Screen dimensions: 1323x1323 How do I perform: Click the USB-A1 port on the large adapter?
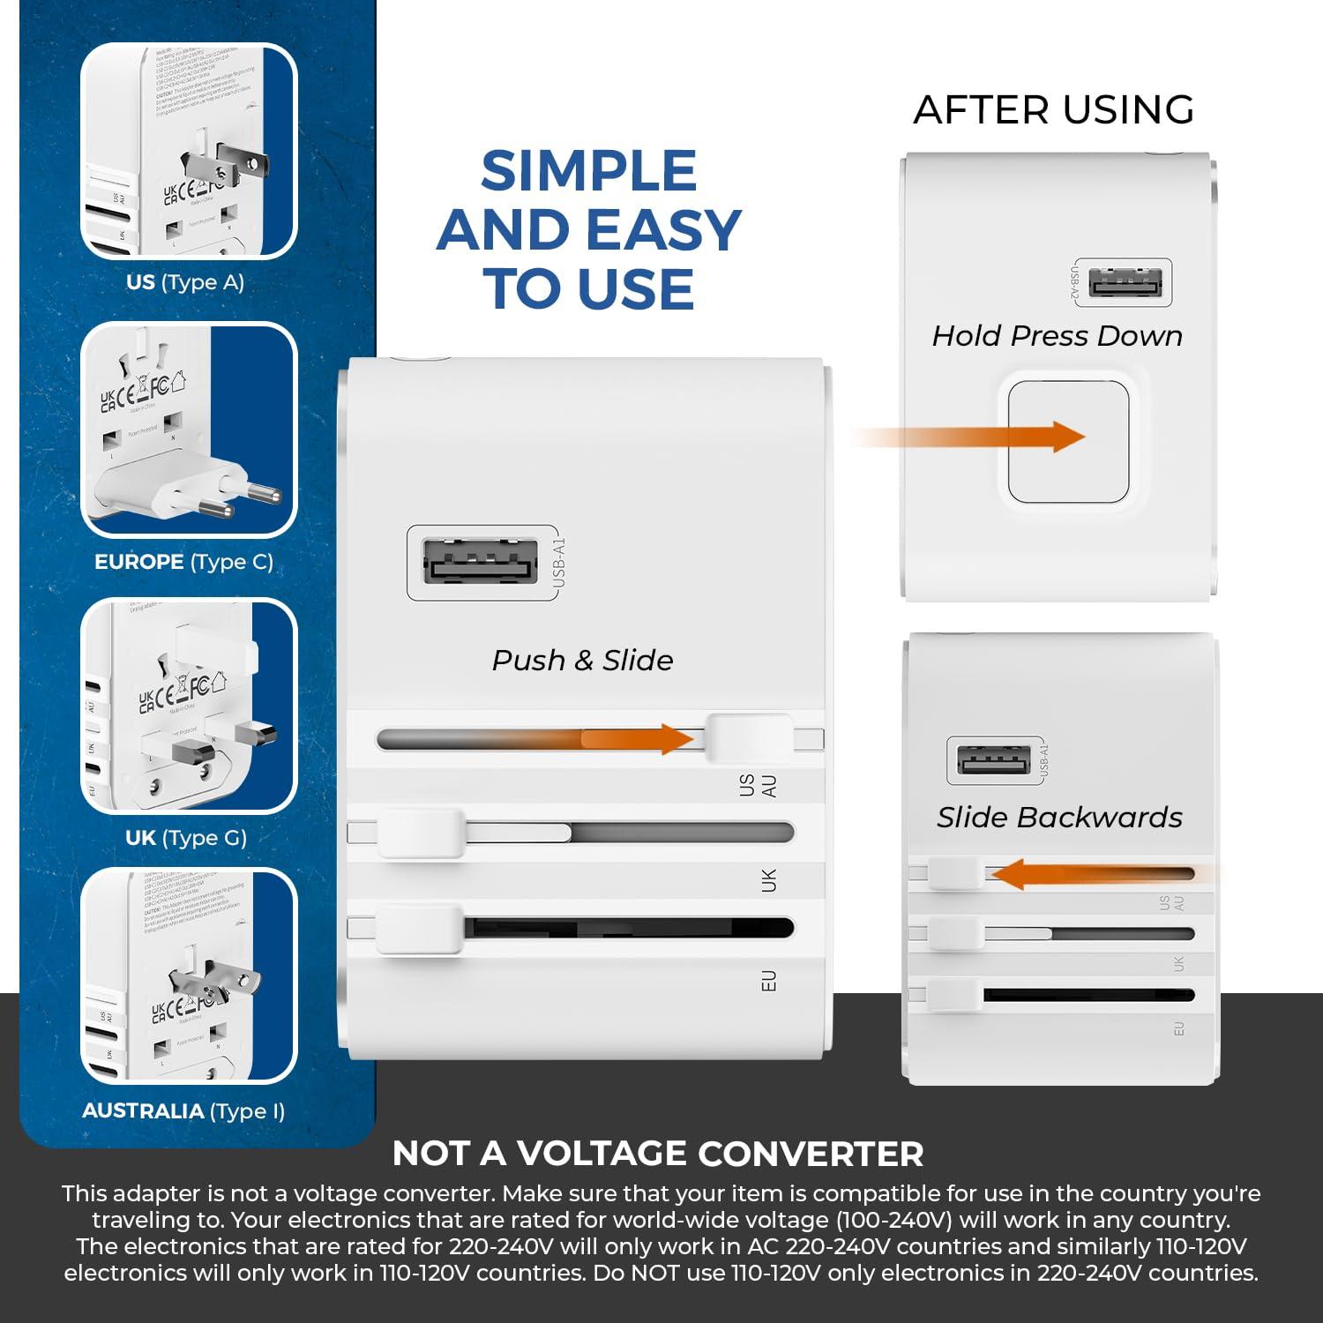tap(481, 561)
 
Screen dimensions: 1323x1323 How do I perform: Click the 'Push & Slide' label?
tap(582, 660)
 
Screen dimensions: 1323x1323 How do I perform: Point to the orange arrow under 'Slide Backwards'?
tap(1094, 875)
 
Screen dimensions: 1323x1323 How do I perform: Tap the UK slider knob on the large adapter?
tap(421, 833)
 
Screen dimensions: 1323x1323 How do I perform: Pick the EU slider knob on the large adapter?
tap(420, 928)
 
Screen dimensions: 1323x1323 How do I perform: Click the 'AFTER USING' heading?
tap(1054, 109)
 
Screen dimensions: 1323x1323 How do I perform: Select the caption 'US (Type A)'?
tap(185, 282)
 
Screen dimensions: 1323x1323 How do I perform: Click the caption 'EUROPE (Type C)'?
tap(184, 562)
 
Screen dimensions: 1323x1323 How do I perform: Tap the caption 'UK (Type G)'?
tap(186, 837)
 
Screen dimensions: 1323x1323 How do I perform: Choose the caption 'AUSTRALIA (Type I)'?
tap(183, 1110)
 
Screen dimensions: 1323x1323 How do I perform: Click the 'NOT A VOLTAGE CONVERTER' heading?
tap(658, 1154)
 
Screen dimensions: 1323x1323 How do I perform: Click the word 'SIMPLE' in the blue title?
tap(588, 171)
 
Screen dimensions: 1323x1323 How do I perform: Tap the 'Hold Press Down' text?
tap(1058, 336)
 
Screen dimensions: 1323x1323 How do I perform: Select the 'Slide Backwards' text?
tap(1059, 818)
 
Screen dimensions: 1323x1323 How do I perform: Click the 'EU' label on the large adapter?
tap(768, 981)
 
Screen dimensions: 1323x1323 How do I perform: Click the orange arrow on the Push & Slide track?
tap(635, 739)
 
